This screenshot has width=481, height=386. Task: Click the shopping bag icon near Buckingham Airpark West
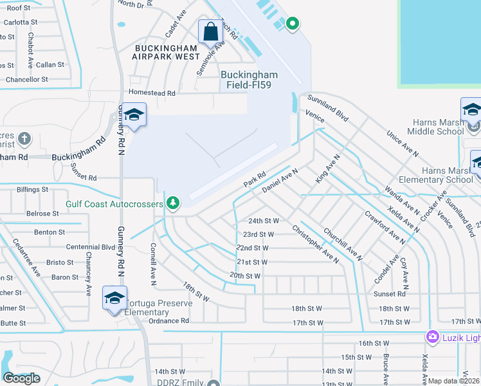point(210,30)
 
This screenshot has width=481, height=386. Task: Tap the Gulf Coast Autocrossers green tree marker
point(172,204)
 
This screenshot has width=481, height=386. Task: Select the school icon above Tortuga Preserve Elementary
point(114,299)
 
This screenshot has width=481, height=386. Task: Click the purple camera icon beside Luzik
point(432,336)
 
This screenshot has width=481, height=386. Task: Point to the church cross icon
point(24,138)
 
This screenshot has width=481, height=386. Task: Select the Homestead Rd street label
point(152,93)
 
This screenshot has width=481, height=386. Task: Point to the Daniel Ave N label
point(281,179)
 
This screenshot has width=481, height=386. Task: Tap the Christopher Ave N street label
point(315,243)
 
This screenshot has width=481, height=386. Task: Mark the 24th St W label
point(264,220)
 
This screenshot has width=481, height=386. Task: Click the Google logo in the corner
point(22,378)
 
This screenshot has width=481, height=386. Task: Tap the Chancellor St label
point(26,80)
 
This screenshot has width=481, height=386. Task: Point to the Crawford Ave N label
point(385,228)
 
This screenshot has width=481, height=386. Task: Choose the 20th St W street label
point(245,275)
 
